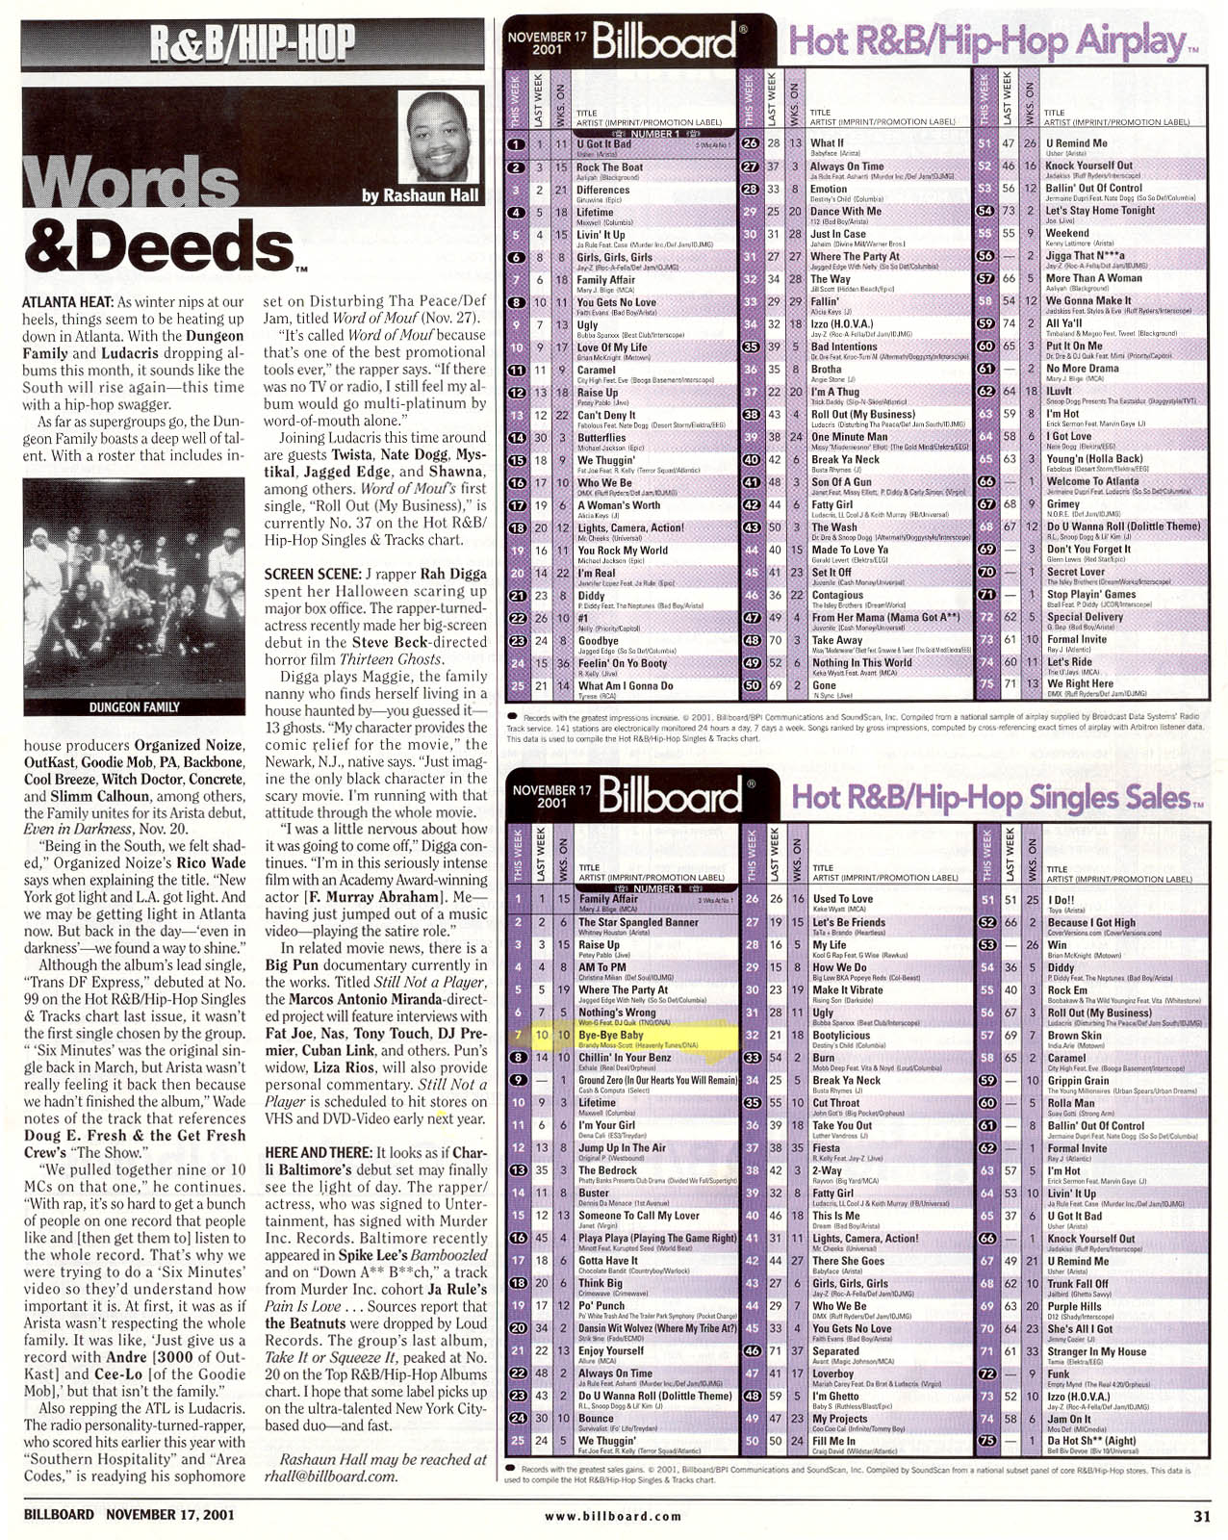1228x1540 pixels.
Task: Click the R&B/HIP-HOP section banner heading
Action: [252, 43]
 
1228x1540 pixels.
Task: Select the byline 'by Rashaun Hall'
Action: [420, 195]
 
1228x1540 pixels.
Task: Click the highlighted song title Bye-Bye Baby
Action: [611, 1035]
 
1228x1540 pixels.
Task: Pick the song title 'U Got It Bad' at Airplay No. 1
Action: [604, 143]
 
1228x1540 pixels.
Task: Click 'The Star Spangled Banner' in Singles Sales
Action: [638, 922]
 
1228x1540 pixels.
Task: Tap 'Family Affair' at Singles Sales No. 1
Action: [608, 898]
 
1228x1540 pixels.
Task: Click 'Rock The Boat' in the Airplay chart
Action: [609, 167]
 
